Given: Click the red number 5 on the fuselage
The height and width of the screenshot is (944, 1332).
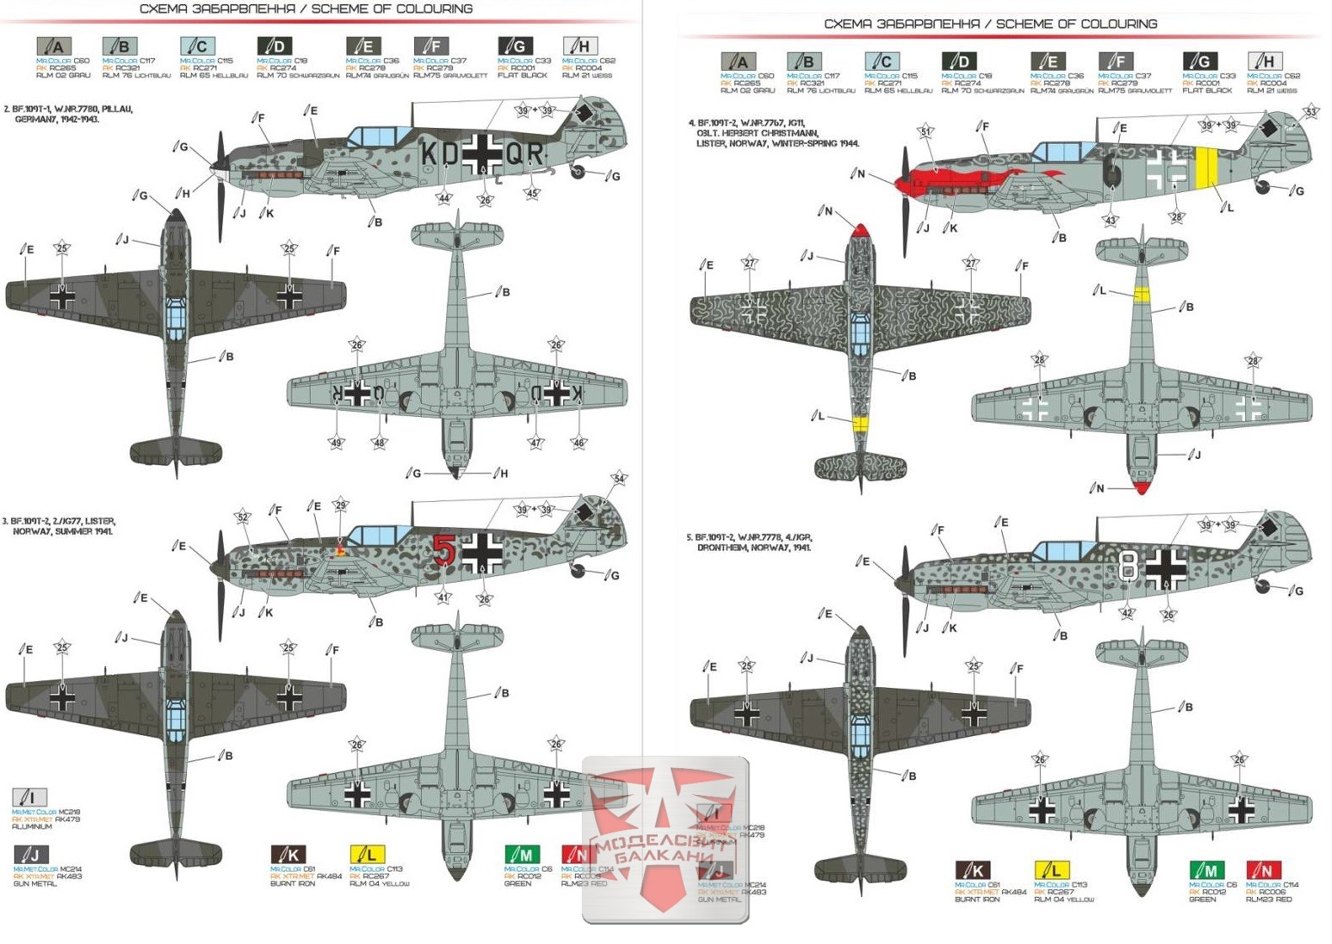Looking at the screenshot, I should pyautogui.click(x=445, y=550).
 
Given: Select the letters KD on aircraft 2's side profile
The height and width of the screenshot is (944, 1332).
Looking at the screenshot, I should pyautogui.click(x=440, y=154).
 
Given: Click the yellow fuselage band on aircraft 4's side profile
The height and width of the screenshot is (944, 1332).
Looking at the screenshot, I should pyautogui.click(x=1206, y=168).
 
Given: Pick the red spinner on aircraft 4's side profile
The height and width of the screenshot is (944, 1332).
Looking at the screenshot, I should pyautogui.click(x=902, y=184).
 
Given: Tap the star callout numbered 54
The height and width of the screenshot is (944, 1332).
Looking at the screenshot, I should pyautogui.click(x=619, y=478).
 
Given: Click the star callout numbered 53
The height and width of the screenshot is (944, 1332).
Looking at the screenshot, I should pyautogui.click(x=1311, y=112).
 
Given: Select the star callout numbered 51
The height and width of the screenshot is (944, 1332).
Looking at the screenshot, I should pyautogui.click(x=926, y=132).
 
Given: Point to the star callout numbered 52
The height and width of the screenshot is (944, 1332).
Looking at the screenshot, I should pyautogui.click(x=242, y=517).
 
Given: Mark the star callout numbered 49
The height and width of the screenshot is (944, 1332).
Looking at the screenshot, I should pyautogui.click(x=336, y=443).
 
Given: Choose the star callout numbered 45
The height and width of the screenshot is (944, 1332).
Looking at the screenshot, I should pyautogui.click(x=531, y=193).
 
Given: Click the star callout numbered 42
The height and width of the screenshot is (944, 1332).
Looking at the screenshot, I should pyautogui.click(x=1127, y=614).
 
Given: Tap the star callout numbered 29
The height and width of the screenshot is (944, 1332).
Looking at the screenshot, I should pyautogui.click(x=340, y=505).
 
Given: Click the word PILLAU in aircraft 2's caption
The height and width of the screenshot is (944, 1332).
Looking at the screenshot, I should pyautogui.click(x=117, y=109).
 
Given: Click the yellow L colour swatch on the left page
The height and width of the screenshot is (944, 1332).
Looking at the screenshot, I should pyautogui.click(x=367, y=854).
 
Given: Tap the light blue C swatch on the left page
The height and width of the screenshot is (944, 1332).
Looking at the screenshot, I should pyautogui.click(x=198, y=46).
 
